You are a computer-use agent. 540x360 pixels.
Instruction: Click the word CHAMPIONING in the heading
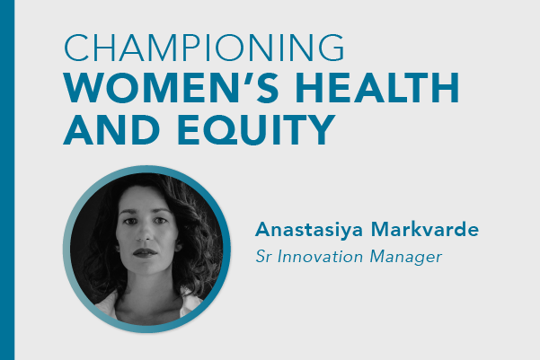pos(204,48)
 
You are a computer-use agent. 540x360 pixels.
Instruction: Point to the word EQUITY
pos(257,130)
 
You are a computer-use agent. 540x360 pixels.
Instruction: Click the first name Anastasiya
pos(309,230)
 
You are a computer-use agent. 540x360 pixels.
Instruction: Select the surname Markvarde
pos(425,229)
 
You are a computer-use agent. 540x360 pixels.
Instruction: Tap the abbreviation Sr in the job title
pos(262,257)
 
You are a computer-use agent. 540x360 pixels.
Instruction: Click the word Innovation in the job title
pos(320,257)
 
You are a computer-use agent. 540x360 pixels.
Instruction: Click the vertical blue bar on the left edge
pos(7,180)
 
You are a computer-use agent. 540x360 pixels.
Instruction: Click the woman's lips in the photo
pos(145,253)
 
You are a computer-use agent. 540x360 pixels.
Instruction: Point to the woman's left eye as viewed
pos(130,222)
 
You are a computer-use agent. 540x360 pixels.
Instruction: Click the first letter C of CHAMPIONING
pos(76,48)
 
